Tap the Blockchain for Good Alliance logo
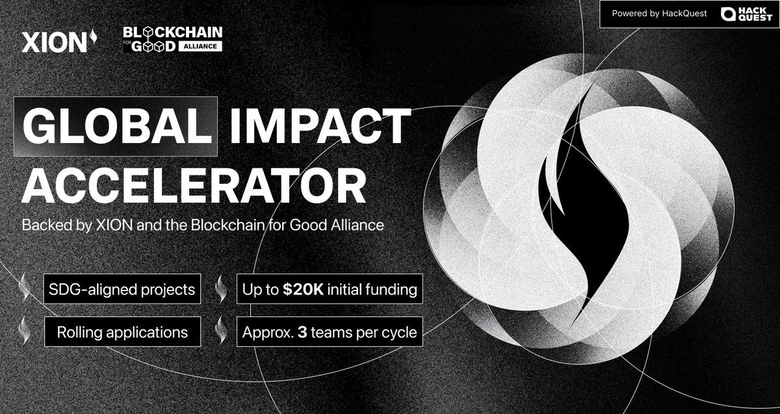pos(172,40)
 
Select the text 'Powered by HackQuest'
pos(659,14)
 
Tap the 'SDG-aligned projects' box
pos(122,289)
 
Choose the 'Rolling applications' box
pos(122,333)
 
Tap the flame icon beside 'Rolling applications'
pos(25,331)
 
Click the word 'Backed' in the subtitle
pos(42,225)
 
